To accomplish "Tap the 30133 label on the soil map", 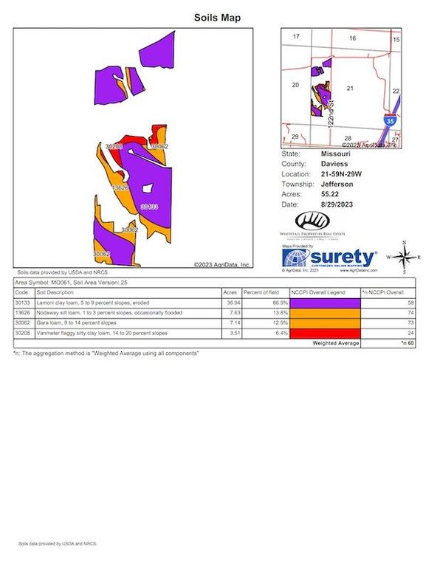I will point(149,207).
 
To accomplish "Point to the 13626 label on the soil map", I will point(120,188).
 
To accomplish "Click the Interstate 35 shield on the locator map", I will point(389,120).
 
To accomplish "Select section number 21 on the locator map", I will point(351,89).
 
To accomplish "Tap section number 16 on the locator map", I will point(352,38).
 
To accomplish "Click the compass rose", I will point(404,258).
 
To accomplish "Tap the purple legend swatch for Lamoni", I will point(324,303).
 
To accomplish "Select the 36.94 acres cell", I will point(233,303).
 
